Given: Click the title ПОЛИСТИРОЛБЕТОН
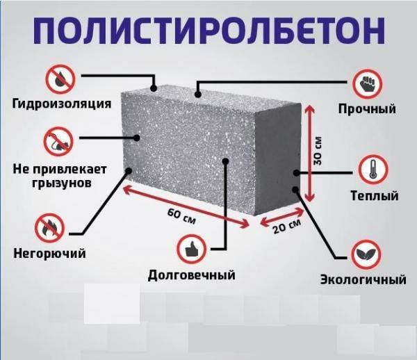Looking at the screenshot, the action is [209, 31].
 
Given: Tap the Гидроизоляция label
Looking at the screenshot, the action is [62, 104].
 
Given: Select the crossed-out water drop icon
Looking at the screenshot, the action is [60, 79].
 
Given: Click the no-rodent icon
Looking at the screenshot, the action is [58, 141].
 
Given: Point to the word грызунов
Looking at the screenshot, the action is [62, 183].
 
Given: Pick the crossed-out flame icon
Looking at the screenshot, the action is [49, 228].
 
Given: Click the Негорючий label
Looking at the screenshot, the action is [50, 254].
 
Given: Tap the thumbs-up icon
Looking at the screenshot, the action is [192, 249].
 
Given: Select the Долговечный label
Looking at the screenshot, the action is [192, 275].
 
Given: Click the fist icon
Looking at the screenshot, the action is [367, 83].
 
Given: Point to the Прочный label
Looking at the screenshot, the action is [367, 109].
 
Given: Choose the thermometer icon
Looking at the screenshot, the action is [373, 170].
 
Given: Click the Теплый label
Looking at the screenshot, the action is [375, 196].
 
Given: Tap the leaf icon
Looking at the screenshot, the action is [366, 254].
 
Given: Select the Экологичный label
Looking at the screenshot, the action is [363, 279].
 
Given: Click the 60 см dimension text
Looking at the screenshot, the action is [181, 216].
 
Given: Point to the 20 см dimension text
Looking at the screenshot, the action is [287, 227].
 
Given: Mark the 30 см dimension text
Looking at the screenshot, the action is [318, 151].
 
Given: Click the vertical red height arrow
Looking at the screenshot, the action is [309, 152].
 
